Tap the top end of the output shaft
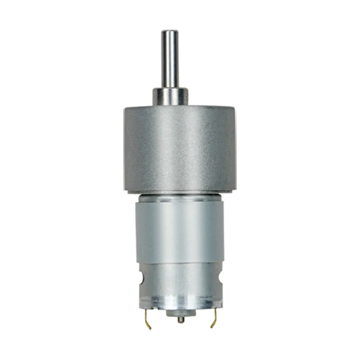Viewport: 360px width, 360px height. coord(170,33)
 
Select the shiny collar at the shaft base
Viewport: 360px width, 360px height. coord(170,97)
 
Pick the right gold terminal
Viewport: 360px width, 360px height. coord(214,316)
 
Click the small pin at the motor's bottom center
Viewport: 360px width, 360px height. coord(181,319)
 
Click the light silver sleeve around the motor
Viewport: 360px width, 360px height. coord(180,233)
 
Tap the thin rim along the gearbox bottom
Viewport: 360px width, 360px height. coord(180,189)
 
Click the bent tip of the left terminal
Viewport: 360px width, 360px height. coord(149,325)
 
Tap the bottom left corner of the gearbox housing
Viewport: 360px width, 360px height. coord(125,188)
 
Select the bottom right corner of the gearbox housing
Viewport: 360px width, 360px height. coord(236,188)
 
